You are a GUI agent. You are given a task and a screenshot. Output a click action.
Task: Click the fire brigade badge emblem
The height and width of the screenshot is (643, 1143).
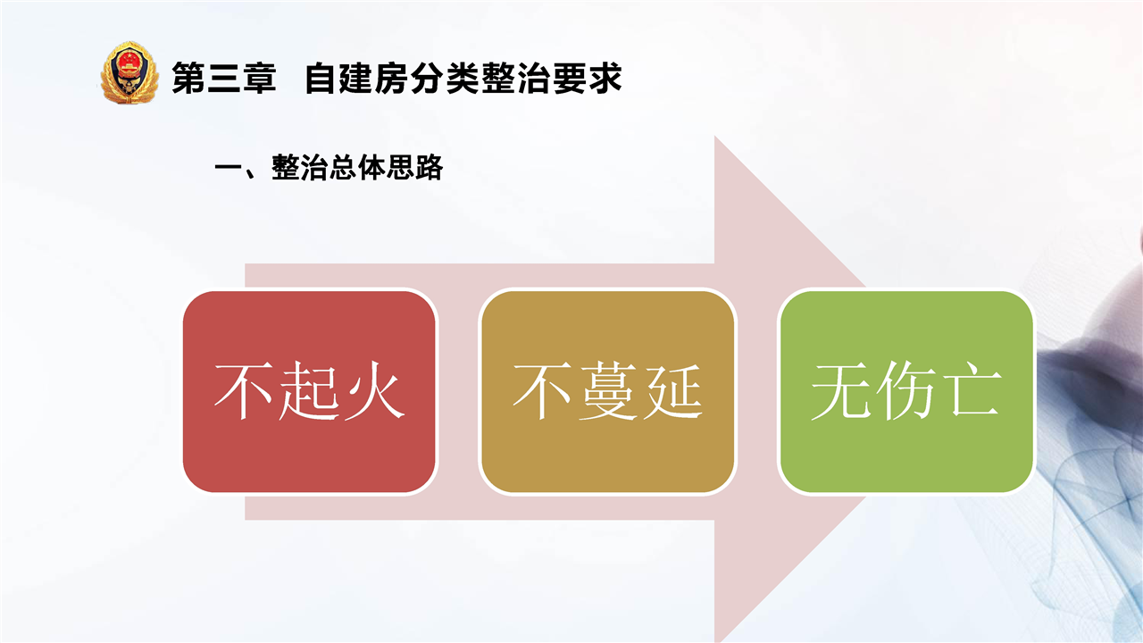coord(129,73)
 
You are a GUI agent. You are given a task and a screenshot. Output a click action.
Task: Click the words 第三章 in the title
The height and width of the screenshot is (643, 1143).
coord(224,78)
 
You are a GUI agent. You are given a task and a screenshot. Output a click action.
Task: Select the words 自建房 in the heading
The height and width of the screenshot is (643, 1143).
coord(356,78)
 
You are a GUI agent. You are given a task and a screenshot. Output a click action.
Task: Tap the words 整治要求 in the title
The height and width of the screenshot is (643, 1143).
coord(551,78)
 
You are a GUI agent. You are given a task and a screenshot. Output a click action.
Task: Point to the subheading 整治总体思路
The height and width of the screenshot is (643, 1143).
coord(357,167)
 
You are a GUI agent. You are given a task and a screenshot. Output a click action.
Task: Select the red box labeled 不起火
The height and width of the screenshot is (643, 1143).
coord(310,391)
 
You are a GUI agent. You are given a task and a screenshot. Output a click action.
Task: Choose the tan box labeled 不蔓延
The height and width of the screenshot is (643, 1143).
coord(608,391)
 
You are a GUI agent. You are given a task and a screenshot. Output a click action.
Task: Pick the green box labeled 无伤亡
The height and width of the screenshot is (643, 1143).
coord(906,391)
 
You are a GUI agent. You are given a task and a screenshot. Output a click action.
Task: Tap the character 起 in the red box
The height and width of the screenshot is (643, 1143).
coord(310,391)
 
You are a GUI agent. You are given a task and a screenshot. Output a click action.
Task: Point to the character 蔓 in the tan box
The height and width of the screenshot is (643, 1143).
coord(608,391)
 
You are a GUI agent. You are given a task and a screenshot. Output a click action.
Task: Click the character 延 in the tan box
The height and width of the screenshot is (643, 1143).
coord(673,391)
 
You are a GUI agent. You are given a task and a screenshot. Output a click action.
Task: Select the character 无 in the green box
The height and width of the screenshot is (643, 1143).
coord(841,391)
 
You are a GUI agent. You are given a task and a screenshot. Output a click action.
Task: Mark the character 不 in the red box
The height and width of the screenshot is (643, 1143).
coord(245,391)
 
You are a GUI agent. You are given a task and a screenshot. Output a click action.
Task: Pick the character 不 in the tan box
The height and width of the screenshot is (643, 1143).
coord(542,391)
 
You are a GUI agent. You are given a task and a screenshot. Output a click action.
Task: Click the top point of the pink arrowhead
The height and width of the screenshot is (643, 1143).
coord(714,136)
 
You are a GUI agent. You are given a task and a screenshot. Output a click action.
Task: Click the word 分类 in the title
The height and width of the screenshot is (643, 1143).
coord(445,78)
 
